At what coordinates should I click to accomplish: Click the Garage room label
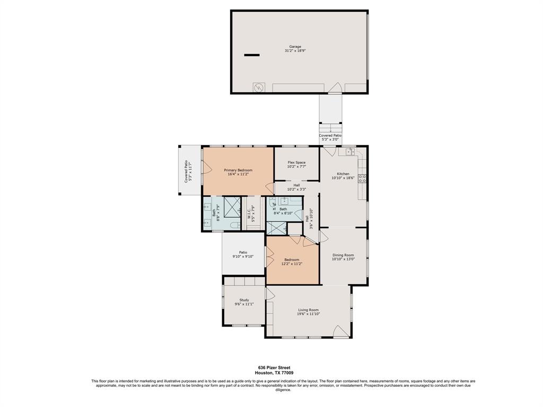[295, 47]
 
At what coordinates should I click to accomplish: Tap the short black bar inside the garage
[252, 55]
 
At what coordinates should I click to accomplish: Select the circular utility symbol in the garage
[259, 88]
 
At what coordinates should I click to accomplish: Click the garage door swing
[335, 89]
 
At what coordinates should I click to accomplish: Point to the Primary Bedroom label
[238, 170]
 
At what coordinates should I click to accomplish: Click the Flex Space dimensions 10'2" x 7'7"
[296, 166]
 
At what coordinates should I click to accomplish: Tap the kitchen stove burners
[362, 179]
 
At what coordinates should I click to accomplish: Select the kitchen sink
[350, 152]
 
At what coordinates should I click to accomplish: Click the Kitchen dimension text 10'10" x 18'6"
[343, 178]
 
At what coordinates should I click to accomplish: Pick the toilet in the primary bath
[235, 225]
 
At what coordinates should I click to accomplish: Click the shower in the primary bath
[232, 206]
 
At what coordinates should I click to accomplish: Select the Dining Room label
[343, 255]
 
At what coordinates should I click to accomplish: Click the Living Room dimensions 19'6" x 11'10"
[308, 314]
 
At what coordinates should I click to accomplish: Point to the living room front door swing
[341, 331]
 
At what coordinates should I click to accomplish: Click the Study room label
[244, 300]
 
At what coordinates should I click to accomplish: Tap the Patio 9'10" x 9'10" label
[243, 254]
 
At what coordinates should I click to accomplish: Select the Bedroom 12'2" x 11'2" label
[292, 262]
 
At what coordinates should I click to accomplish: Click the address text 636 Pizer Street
[274, 368]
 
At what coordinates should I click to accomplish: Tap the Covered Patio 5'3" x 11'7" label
[188, 171]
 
